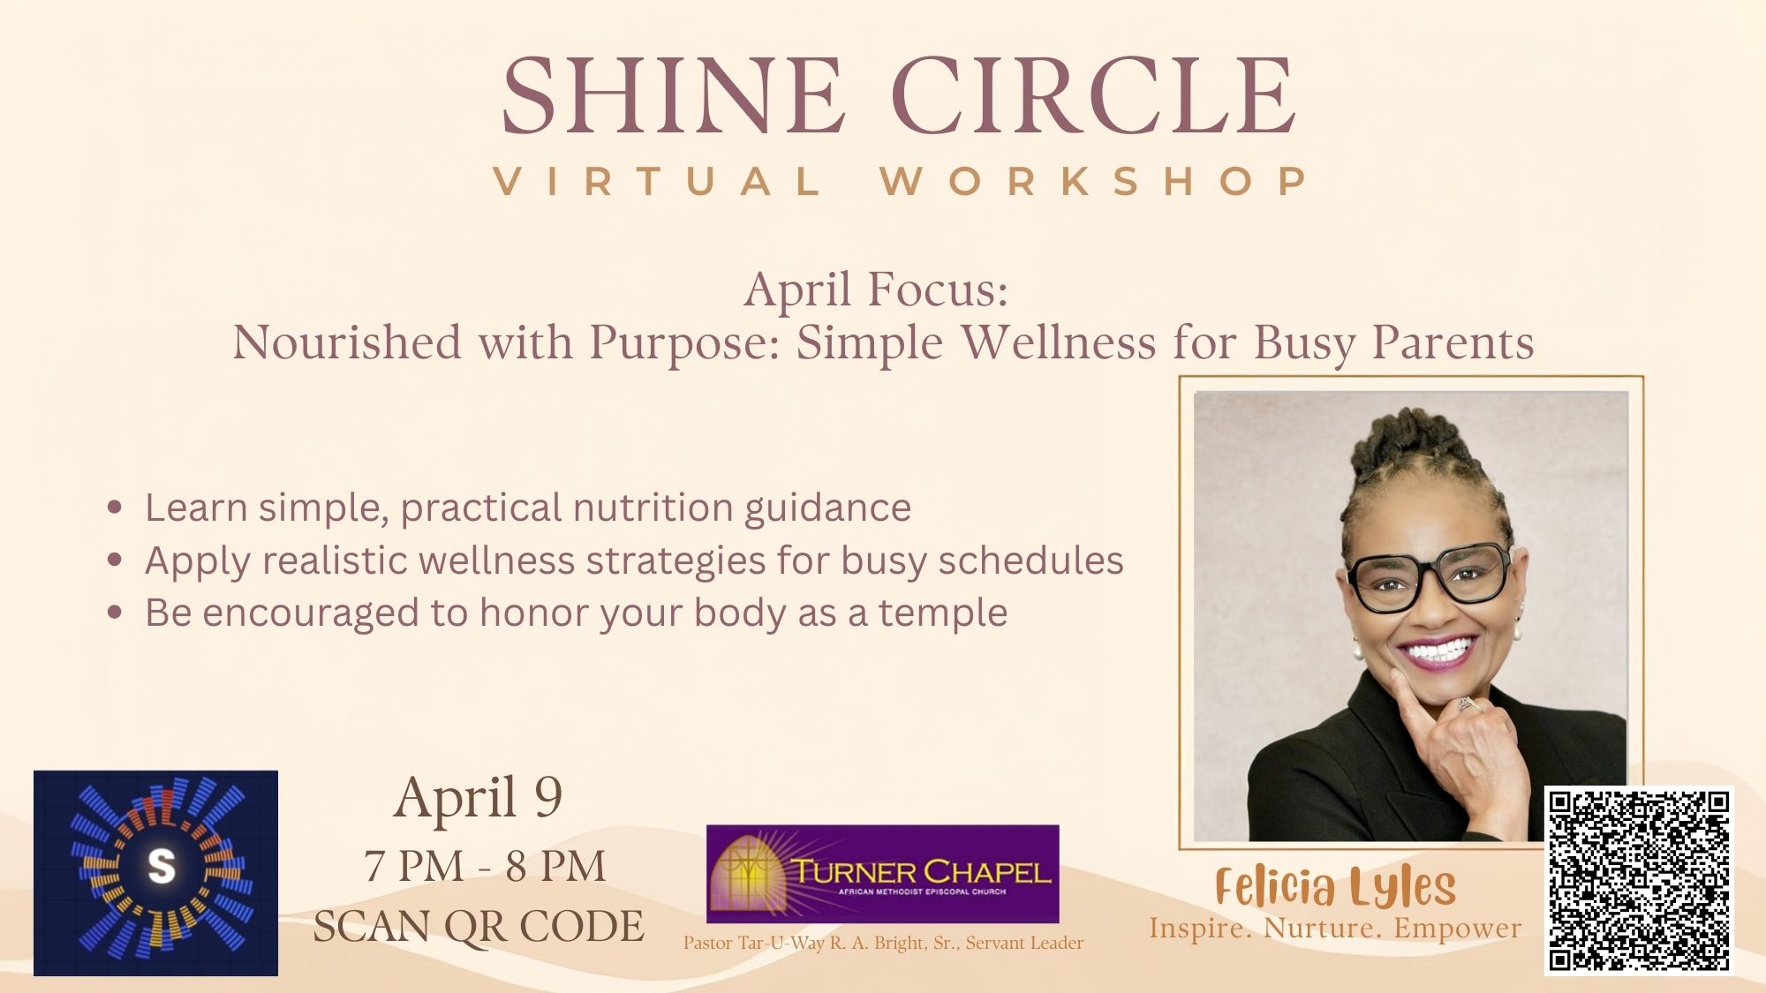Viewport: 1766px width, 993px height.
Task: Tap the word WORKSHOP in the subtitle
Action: coord(1095,181)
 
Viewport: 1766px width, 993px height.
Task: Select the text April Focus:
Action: coord(876,290)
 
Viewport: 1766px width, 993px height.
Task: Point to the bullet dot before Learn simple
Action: coord(114,508)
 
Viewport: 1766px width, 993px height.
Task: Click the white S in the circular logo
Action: coord(161,866)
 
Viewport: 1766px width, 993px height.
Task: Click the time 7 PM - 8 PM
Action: coord(485,866)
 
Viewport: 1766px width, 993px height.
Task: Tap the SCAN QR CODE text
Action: coord(479,927)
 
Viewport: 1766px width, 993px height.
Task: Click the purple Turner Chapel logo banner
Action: coord(882,873)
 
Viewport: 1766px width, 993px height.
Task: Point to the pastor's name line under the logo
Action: coord(883,943)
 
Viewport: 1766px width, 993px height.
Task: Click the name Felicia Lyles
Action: coord(1335,887)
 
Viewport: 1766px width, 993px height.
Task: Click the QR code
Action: coord(1639,881)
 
